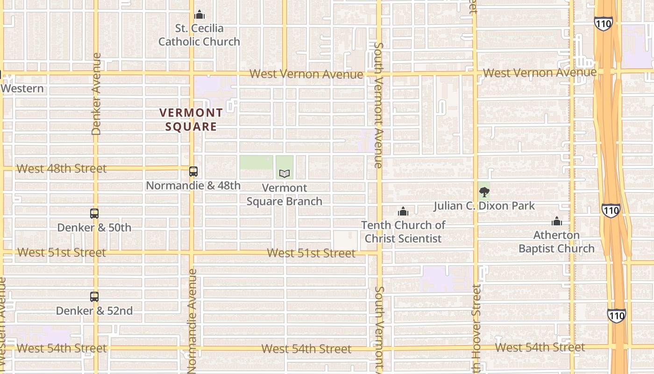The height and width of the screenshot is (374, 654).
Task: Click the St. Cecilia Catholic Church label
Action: (x=199, y=35)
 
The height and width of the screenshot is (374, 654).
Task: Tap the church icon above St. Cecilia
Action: (x=199, y=15)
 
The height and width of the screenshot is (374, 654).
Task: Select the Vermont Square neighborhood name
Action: (x=191, y=119)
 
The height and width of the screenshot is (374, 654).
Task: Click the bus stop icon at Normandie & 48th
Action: (x=193, y=172)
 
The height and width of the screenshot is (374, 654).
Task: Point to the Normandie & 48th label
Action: (x=193, y=186)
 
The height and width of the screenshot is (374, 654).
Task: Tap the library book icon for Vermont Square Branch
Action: (x=284, y=173)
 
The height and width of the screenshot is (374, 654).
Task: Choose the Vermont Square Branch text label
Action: (x=284, y=194)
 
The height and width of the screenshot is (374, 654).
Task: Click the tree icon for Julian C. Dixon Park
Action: (x=484, y=192)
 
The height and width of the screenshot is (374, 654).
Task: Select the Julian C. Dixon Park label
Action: (x=484, y=206)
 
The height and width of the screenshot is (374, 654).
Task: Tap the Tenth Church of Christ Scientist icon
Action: (x=403, y=212)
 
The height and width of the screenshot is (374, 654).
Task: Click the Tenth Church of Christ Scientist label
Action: (x=403, y=232)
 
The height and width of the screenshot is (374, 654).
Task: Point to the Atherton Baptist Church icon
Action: (x=556, y=222)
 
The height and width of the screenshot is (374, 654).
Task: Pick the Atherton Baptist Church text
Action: (x=556, y=242)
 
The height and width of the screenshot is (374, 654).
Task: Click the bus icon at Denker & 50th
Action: (x=94, y=214)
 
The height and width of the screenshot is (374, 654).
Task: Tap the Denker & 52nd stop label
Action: (x=94, y=311)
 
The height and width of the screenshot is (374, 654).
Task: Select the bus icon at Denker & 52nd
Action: (x=94, y=296)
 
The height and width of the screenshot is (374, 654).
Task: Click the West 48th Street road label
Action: (x=62, y=168)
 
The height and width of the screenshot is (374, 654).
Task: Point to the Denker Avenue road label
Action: (x=96, y=93)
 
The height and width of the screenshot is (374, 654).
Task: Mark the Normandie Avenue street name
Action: (x=192, y=320)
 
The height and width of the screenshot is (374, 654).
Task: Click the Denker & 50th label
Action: (x=94, y=228)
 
